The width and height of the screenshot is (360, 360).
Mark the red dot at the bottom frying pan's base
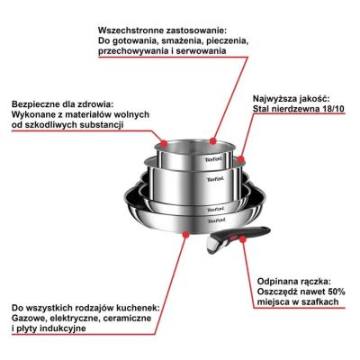[x=185, y=232]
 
